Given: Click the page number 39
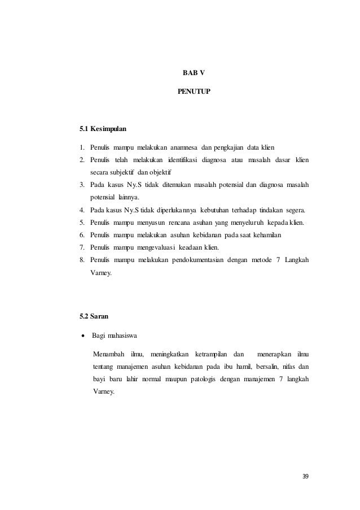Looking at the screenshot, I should [306, 477].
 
